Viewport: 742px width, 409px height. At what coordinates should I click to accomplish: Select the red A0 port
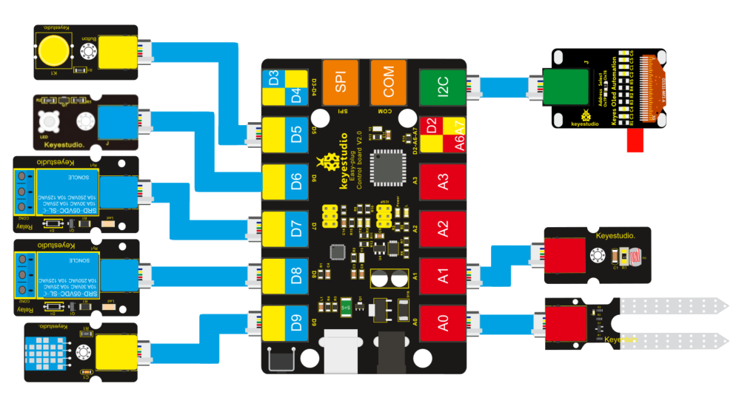pyautogui.click(x=442, y=323)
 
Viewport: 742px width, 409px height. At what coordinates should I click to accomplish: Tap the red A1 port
pyautogui.click(x=442, y=276)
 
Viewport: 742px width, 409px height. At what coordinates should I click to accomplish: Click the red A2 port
pyautogui.click(x=442, y=229)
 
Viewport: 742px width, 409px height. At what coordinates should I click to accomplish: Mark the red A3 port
pyautogui.click(x=442, y=181)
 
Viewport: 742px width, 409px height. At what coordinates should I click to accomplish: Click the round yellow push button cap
pyautogui.click(x=54, y=50)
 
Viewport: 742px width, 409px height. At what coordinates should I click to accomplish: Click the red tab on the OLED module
pyautogui.click(x=635, y=142)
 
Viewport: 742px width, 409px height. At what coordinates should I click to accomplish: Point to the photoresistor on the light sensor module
pyautogui.click(x=627, y=255)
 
